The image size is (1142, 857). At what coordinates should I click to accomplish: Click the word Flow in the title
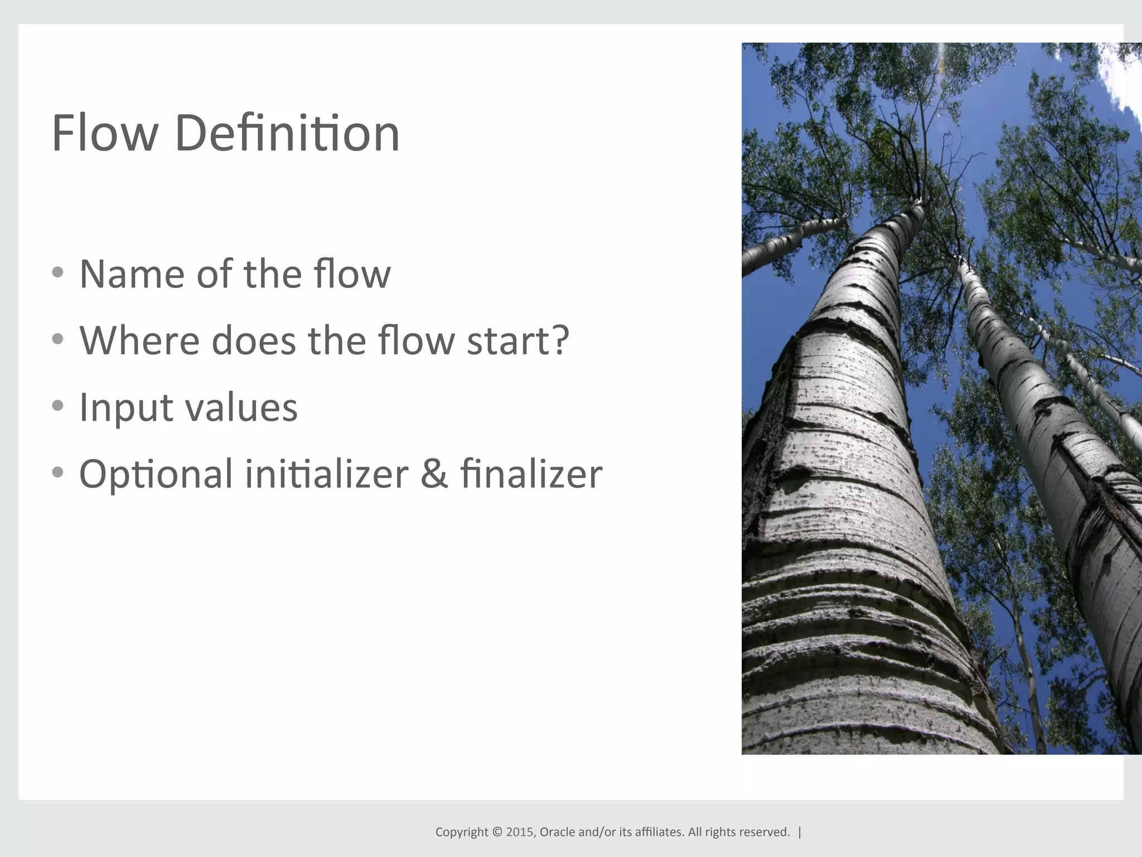(105, 133)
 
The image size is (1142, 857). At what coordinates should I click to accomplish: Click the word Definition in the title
(287, 133)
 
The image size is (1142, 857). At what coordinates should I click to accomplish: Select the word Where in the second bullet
(139, 340)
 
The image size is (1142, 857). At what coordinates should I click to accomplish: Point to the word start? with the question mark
(517, 340)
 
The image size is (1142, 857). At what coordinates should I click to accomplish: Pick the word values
(241, 408)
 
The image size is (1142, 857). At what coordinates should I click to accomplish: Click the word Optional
(156, 474)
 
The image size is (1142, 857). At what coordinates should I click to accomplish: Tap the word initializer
(327, 474)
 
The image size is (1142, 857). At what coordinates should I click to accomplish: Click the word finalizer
(531, 474)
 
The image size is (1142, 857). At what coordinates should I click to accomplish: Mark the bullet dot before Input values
(58, 406)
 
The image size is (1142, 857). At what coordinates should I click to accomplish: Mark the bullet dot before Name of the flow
(58, 272)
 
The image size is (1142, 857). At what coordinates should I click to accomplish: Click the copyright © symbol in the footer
(497, 832)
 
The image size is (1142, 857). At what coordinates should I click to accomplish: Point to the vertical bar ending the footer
(800, 832)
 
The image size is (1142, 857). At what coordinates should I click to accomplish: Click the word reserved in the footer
(763, 832)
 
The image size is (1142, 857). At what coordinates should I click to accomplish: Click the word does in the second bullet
(254, 340)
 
